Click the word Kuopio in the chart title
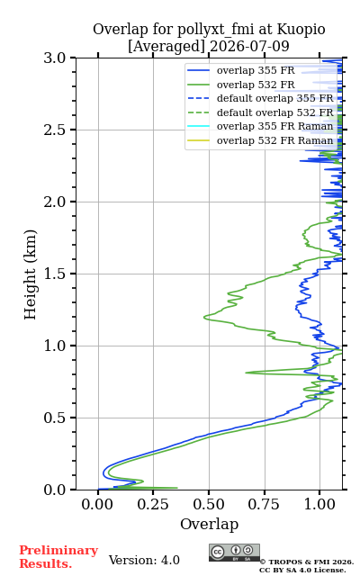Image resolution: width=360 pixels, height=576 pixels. pyautogui.click(x=301, y=30)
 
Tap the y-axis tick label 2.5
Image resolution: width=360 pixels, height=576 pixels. pyautogui.click(x=55, y=130)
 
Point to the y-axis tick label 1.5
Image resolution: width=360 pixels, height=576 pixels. pyautogui.click(x=55, y=274)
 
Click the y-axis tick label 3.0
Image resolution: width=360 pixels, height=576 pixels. pyautogui.click(x=55, y=58)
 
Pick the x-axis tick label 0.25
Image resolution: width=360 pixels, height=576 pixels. pyautogui.click(x=153, y=504)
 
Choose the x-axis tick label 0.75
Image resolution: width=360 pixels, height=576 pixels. pyautogui.click(x=264, y=504)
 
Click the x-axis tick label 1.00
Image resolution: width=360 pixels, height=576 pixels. pyautogui.click(x=319, y=504)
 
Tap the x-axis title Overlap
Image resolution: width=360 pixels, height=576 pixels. pyautogui.click(x=210, y=524)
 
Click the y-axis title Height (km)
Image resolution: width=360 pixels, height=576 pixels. pyautogui.click(x=31, y=274)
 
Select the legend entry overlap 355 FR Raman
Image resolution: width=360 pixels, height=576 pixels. pyautogui.click(x=274, y=126)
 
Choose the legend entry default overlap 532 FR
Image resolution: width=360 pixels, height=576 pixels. pyautogui.click(x=274, y=112)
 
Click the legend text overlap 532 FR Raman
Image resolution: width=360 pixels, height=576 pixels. pyautogui.click(x=274, y=140)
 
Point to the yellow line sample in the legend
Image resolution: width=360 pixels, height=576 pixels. pyautogui.click(x=198, y=140)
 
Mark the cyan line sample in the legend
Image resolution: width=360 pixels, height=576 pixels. pyautogui.click(x=198, y=126)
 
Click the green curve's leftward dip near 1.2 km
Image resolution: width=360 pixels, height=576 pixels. pyautogui.click(x=204, y=316)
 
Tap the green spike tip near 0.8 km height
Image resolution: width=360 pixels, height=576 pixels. pyautogui.click(x=246, y=373)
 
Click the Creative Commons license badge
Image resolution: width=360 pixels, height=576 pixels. pyautogui.click(x=234, y=553)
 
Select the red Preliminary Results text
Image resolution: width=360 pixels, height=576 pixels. pyautogui.click(x=58, y=557)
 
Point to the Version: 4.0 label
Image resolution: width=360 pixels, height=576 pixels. pyautogui.click(x=144, y=560)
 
